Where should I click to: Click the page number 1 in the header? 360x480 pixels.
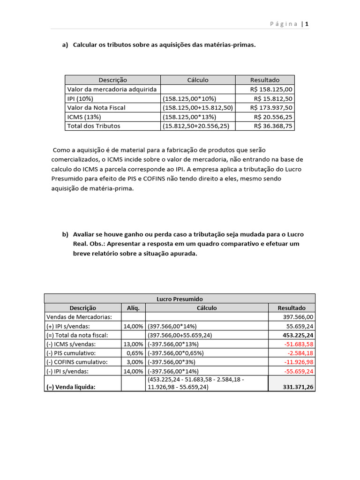[x=307, y=24]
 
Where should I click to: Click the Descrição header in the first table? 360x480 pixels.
[x=112, y=80]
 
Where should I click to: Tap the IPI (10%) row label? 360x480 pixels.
[x=80, y=98]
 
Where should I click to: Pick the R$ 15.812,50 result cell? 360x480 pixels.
[x=273, y=98]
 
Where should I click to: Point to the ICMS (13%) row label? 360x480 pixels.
[x=84, y=117]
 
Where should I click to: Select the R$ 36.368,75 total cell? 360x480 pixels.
[x=273, y=126]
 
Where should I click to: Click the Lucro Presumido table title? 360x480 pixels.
[x=180, y=299]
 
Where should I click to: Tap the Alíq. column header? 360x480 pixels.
[x=133, y=308]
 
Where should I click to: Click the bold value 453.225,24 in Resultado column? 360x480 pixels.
[x=295, y=335]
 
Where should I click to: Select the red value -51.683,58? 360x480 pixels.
[x=297, y=344]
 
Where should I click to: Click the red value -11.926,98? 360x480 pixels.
[x=297, y=362]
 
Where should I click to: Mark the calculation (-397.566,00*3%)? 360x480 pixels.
[x=172, y=362]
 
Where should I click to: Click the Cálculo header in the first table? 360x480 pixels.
[x=198, y=80]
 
